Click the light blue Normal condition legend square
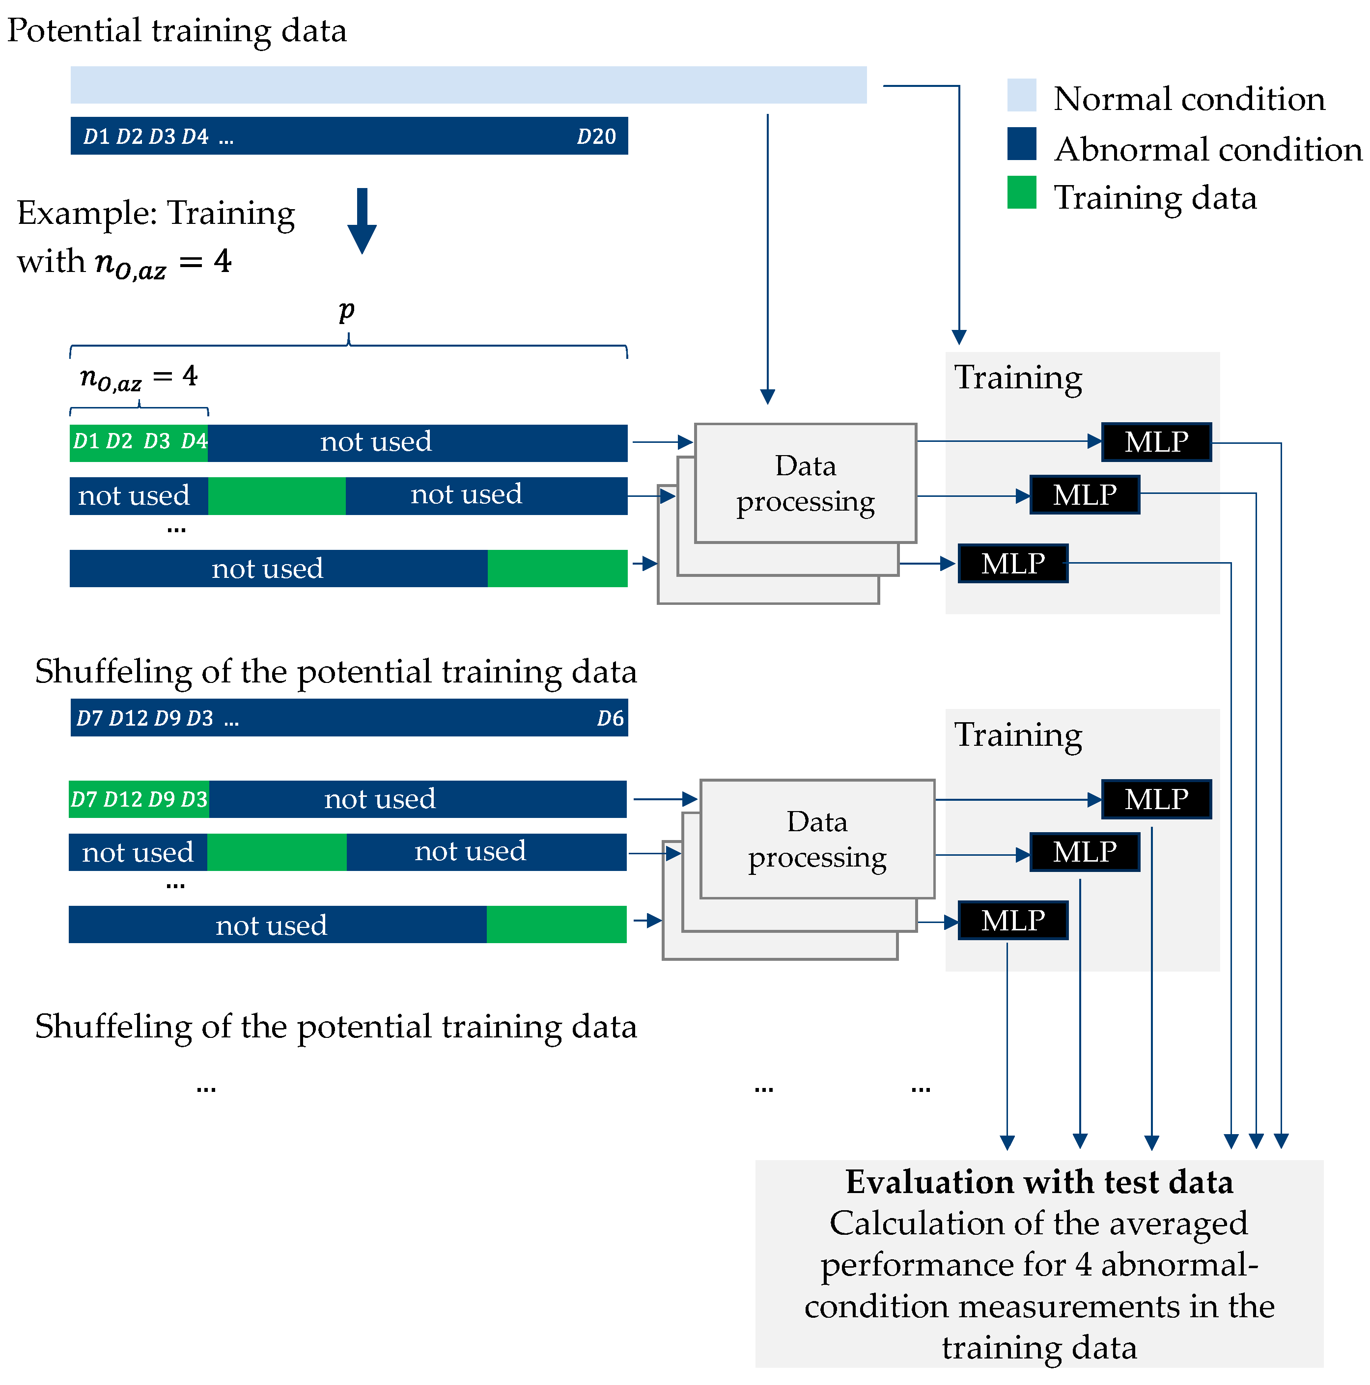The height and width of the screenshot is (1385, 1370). point(1021,95)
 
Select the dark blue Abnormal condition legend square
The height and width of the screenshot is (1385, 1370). point(1021,144)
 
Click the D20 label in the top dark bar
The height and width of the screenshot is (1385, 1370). point(596,136)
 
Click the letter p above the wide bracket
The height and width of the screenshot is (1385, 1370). point(346,310)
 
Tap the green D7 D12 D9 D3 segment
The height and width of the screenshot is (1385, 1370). point(139,799)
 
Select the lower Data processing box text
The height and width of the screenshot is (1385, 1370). point(816,840)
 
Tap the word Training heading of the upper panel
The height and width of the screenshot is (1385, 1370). point(1017,377)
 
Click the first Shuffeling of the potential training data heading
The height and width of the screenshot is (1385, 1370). point(336,672)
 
